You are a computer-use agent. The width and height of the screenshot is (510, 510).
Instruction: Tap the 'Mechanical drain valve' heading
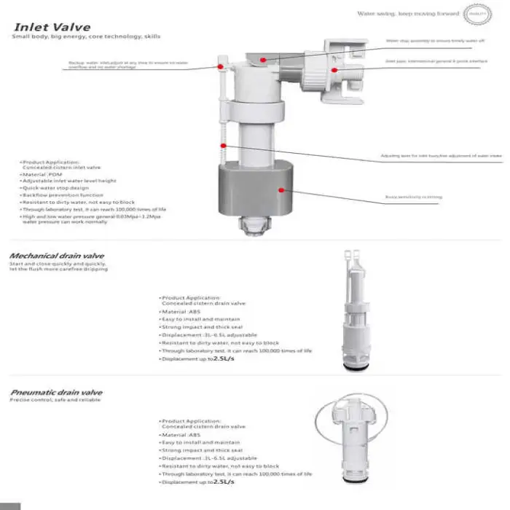pyautogui.click(x=56, y=256)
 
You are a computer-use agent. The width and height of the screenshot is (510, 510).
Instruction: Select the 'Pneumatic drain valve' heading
pyautogui.click(x=56, y=392)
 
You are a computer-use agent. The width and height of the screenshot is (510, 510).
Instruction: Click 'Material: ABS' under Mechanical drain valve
pyautogui.click(x=181, y=310)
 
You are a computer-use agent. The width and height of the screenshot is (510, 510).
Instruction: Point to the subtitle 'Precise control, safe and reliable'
pyautogui.click(x=56, y=400)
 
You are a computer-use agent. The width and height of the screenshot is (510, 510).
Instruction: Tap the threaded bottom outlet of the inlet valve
pyautogui.click(x=251, y=228)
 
